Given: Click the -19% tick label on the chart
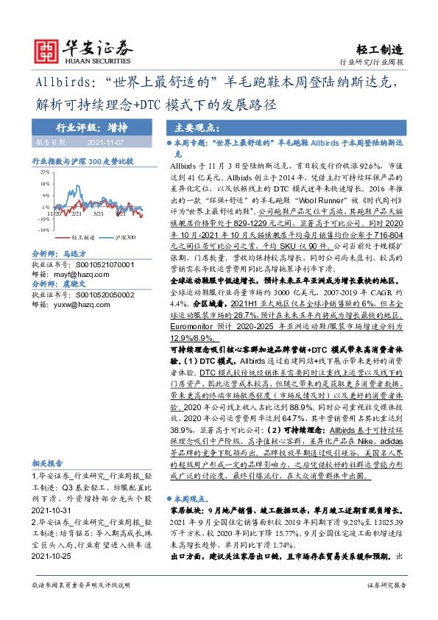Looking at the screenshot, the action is point(44,229).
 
